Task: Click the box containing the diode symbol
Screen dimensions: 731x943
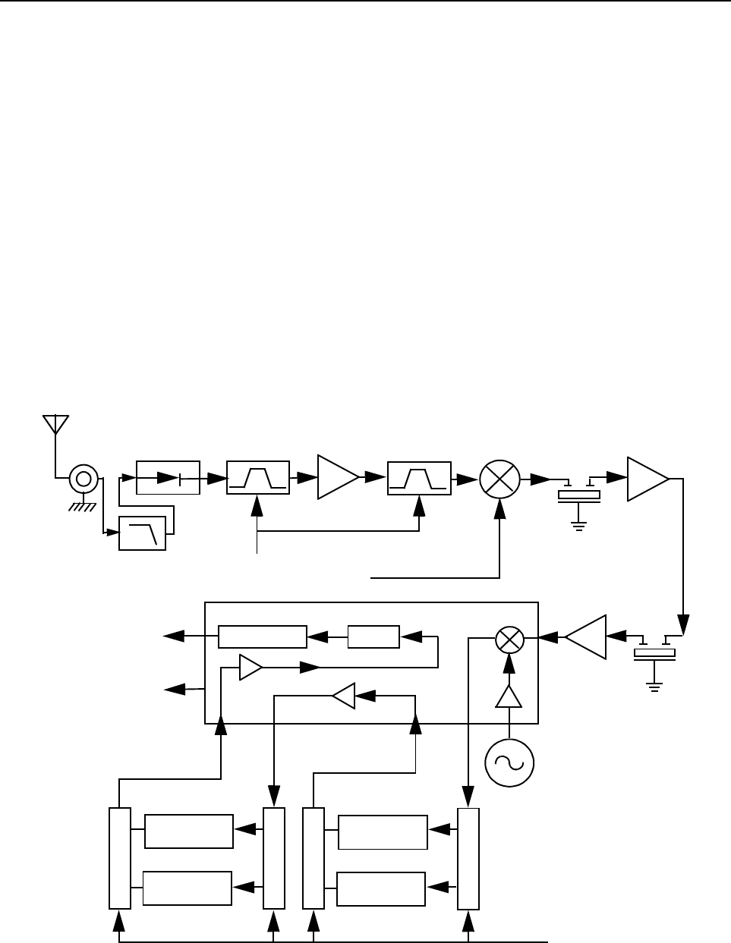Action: (168, 477)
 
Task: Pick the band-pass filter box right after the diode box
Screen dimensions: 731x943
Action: (258, 477)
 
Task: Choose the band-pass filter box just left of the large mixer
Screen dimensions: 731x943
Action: (419, 477)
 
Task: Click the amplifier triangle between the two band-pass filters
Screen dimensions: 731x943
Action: (336, 477)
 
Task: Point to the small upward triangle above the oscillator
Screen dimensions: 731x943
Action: (509, 696)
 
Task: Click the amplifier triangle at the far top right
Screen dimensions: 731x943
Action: (645, 479)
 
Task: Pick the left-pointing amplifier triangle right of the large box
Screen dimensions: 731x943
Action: (588, 637)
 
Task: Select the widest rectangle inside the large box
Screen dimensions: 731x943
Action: (263, 637)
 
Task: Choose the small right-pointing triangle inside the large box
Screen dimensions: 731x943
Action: (250, 667)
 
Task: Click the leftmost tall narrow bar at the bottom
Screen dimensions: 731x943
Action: (120, 858)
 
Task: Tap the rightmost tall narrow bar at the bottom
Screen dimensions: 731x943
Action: (468, 858)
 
